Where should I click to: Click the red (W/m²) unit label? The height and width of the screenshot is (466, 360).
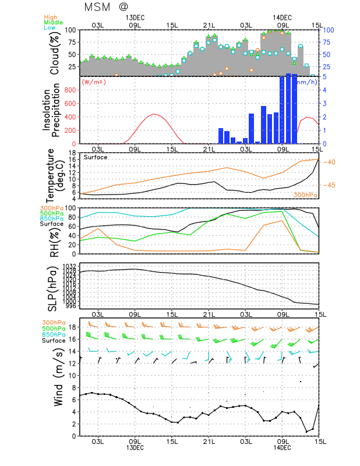click(93, 82)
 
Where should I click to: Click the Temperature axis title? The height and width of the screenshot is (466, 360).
click(56, 175)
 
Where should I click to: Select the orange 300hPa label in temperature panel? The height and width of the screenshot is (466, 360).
click(305, 194)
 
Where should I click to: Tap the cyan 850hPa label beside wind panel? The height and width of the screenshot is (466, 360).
click(52, 334)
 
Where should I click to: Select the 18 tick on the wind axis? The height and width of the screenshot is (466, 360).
click(72, 327)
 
